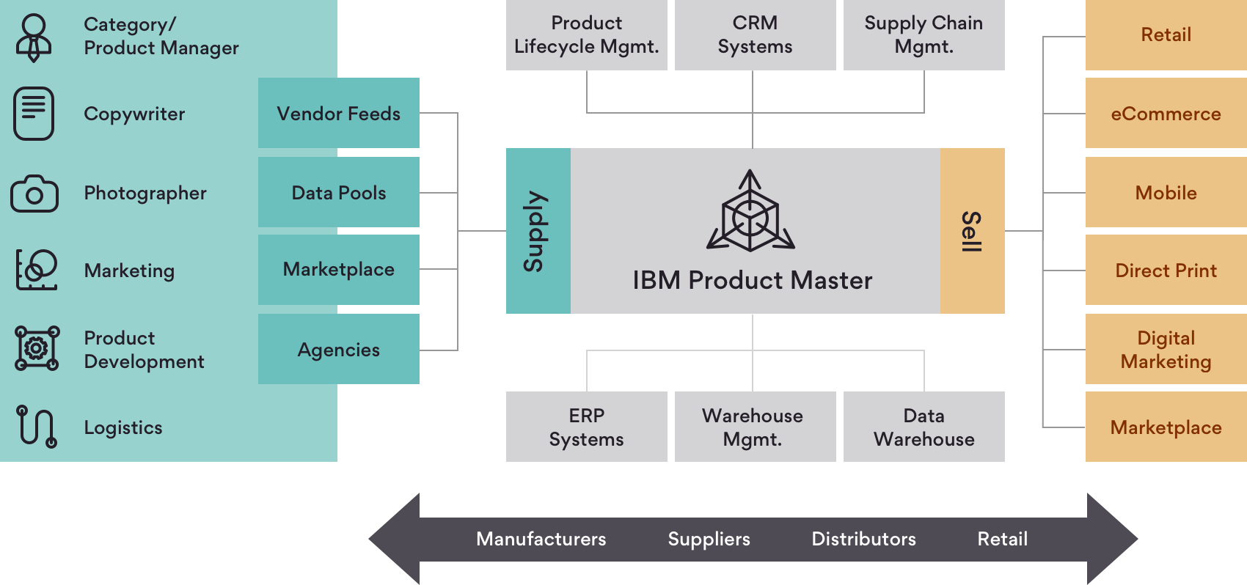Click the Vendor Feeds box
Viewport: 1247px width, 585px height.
point(338,113)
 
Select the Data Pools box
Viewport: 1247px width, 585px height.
point(338,192)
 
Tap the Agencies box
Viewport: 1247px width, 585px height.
point(338,349)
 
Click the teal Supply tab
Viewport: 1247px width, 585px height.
point(538,231)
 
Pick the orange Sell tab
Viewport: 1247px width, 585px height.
point(973,231)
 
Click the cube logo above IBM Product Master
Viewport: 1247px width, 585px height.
point(750,211)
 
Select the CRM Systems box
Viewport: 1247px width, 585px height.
point(755,35)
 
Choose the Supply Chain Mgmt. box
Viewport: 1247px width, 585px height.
point(924,35)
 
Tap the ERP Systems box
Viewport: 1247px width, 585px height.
point(587,427)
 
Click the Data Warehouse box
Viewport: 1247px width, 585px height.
point(924,427)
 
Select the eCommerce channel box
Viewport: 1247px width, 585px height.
point(1166,113)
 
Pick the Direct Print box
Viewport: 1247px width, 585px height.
point(1166,270)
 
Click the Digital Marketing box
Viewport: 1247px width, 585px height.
point(1166,349)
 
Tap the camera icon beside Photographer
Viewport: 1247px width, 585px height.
point(34,193)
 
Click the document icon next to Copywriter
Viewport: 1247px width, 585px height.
point(34,114)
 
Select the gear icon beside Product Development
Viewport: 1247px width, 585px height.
point(37,348)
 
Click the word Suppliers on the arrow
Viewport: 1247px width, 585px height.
point(709,539)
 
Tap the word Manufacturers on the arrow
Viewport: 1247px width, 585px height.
point(541,539)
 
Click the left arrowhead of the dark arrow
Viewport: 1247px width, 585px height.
point(394,539)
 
